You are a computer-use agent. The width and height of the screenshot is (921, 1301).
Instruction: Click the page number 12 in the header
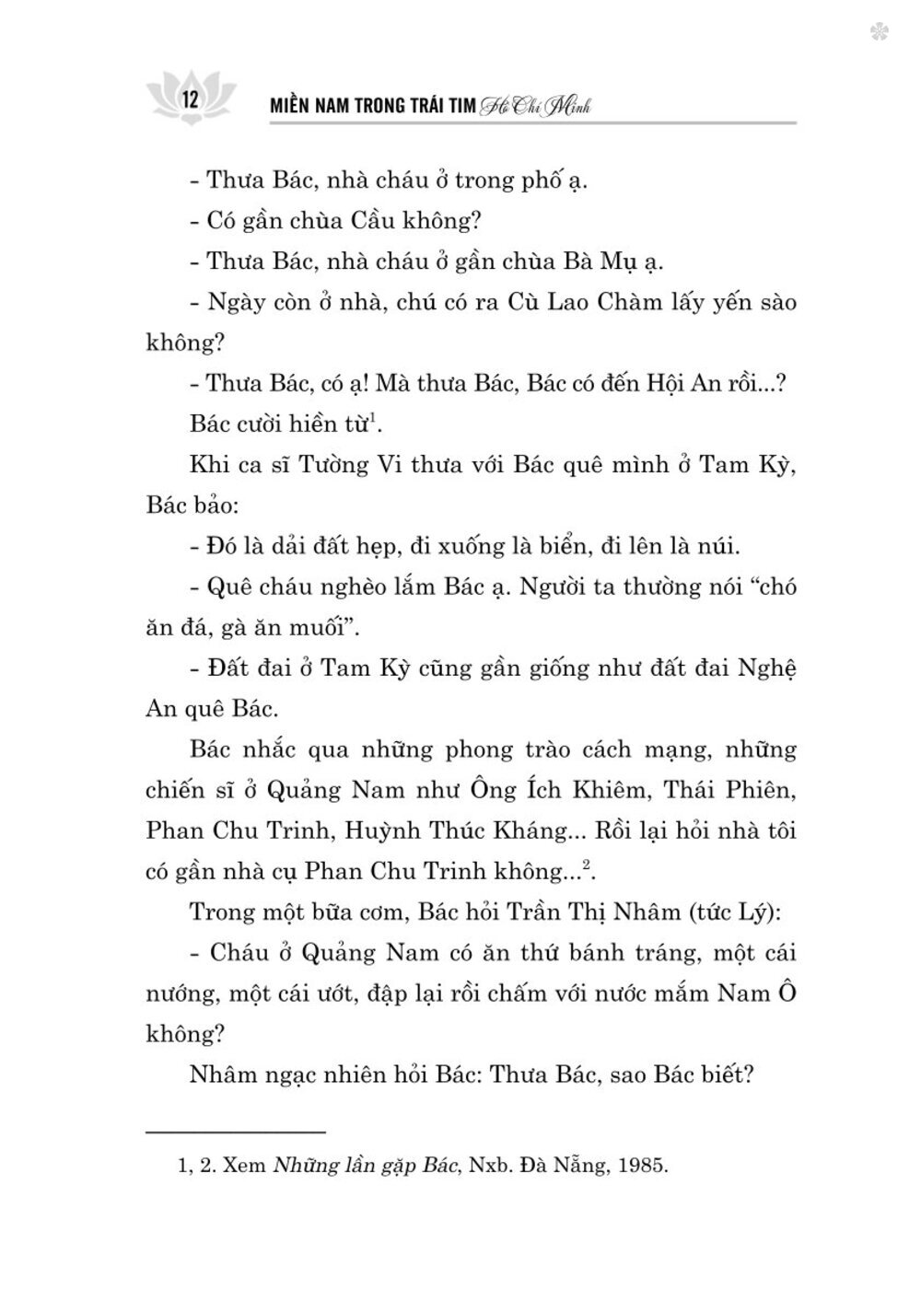click(192, 99)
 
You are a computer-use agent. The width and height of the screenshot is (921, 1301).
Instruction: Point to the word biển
click(563, 545)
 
